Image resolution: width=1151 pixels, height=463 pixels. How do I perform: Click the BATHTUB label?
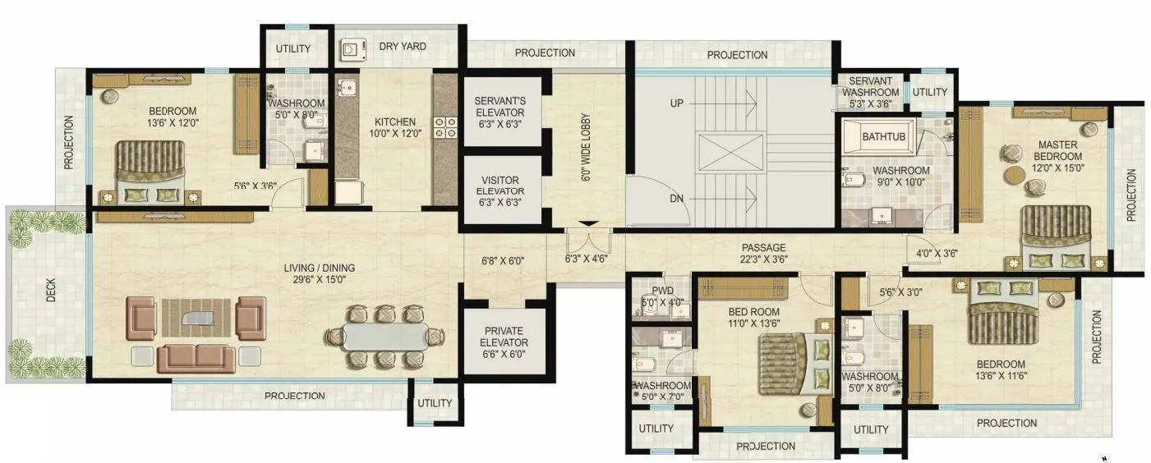click(884, 137)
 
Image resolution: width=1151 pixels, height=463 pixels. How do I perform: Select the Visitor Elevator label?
click(500, 190)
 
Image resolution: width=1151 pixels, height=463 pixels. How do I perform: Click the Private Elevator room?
click(504, 343)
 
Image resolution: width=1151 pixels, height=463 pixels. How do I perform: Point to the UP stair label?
click(676, 104)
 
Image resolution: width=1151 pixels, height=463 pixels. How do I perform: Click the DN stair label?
click(676, 198)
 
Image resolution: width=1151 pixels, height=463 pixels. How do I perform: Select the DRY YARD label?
click(403, 47)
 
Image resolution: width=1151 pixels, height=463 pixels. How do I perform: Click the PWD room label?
click(662, 296)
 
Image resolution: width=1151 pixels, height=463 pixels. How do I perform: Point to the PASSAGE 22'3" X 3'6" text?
click(763, 254)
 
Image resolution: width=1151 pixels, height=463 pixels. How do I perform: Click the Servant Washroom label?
click(870, 92)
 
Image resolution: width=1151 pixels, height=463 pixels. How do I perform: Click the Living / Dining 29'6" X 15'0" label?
click(319, 273)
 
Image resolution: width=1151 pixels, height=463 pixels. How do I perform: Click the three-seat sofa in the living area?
click(196, 359)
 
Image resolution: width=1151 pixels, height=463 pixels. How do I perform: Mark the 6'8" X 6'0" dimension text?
click(504, 261)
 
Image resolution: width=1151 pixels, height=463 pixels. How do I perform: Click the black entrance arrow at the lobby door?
click(588, 223)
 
